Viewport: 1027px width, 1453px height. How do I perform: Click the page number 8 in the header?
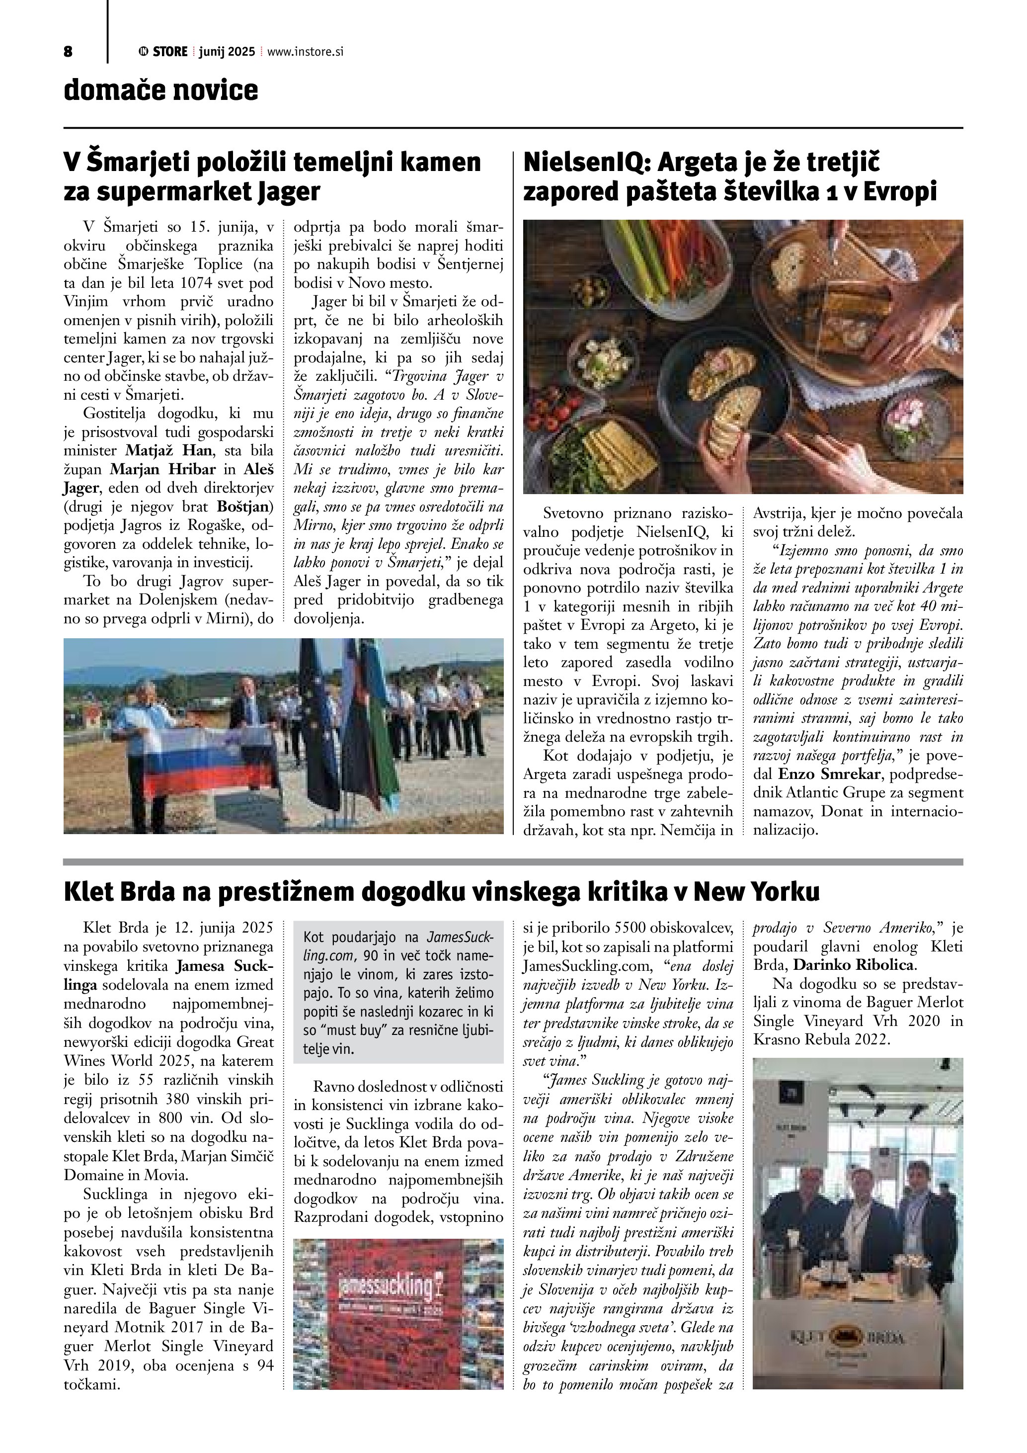click(68, 52)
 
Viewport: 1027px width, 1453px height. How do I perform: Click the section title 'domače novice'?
click(160, 90)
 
